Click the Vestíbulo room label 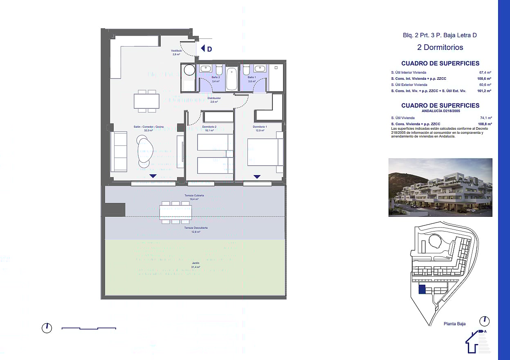point(176,51)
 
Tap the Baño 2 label point(216,77)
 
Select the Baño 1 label point(252,77)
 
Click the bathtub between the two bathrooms point(231,79)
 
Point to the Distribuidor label point(214,98)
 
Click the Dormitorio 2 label point(209,127)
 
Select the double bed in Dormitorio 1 point(265,152)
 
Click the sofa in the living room point(120,152)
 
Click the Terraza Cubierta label point(194,196)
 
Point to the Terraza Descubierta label point(195,228)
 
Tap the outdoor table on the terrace point(175,212)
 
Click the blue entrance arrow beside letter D point(203,49)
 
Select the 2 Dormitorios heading point(440,47)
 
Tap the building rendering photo point(440,187)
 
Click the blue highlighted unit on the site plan point(422,290)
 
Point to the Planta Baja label point(454,324)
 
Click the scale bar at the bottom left point(89,328)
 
